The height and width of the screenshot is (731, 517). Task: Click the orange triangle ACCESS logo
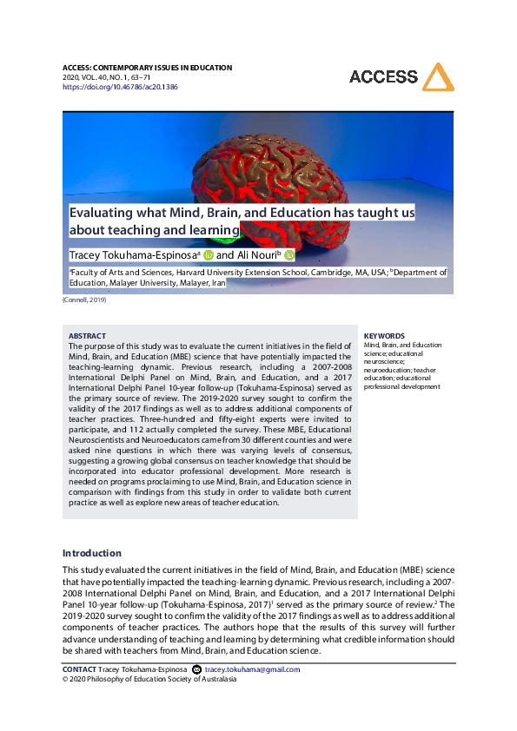click(436, 76)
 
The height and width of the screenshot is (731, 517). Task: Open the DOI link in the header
click(120, 87)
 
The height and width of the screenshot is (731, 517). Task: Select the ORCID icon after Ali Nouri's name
click(289, 255)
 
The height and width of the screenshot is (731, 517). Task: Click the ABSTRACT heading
click(87, 336)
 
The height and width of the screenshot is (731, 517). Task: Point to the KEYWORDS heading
click(384, 336)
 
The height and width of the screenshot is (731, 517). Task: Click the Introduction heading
click(92, 553)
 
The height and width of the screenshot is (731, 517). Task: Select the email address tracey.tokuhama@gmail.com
click(253, 669)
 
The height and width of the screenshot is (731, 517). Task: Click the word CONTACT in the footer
click(79, 669)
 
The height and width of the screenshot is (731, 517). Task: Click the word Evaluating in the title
click(103, 213)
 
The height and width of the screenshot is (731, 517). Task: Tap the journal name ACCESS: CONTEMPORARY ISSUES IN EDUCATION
click(147, 68)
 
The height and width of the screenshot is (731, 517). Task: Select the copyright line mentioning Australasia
click(149, 679)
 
